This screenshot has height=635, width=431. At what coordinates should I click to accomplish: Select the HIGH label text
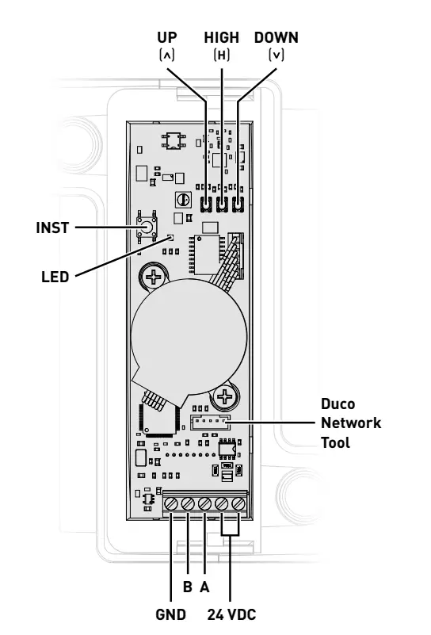pyautogui.click(x=221, y=37)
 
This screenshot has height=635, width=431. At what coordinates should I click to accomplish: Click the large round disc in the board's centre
pyautogui.click(x=182, y=337)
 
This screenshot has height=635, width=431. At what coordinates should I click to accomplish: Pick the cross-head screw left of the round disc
pyautogui.click(x=151, y=277)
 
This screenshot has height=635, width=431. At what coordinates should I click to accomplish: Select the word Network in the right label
pyautogui.click(x=345, y=424)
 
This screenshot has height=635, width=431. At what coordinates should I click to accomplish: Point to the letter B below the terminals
pyautogui.click(x=188, y=587)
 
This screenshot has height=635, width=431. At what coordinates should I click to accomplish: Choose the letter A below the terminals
pyautogui.click(x=205, y=587)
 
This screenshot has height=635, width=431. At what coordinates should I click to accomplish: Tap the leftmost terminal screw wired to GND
pyautogui.click(x=172, y=526)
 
